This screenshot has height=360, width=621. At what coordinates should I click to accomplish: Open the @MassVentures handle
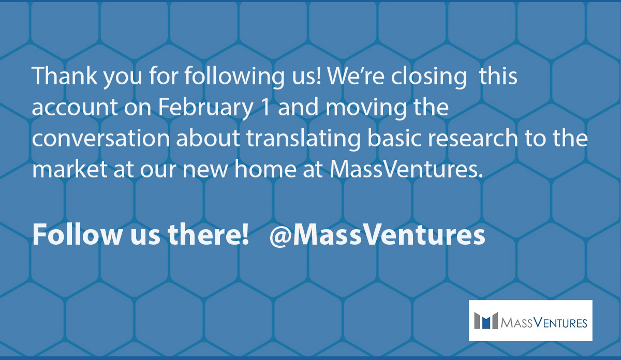[x=377, y=235]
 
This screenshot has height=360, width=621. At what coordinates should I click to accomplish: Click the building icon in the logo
[x=486, y=320]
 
